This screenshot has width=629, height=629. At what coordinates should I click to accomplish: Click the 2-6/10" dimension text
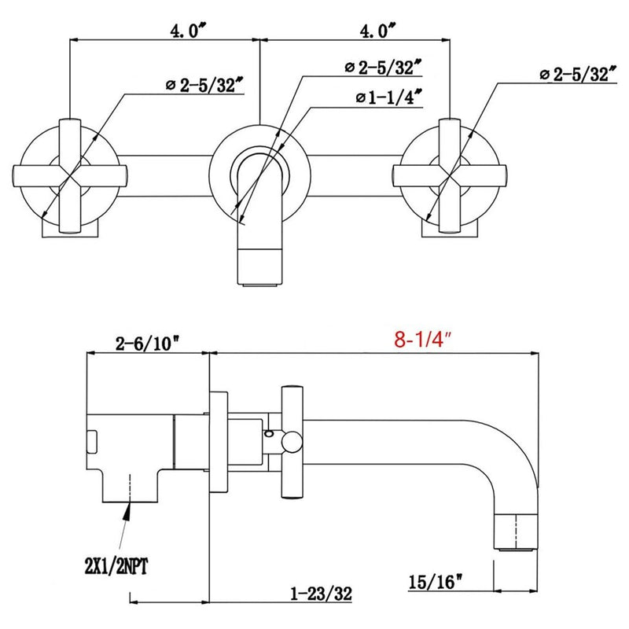click(147, 343)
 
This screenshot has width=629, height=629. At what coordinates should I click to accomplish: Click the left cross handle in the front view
click(69, 174)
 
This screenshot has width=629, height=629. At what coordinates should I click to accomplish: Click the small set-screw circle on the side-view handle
click(270, 433)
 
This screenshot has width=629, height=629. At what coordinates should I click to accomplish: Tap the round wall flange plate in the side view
click(219, 440)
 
